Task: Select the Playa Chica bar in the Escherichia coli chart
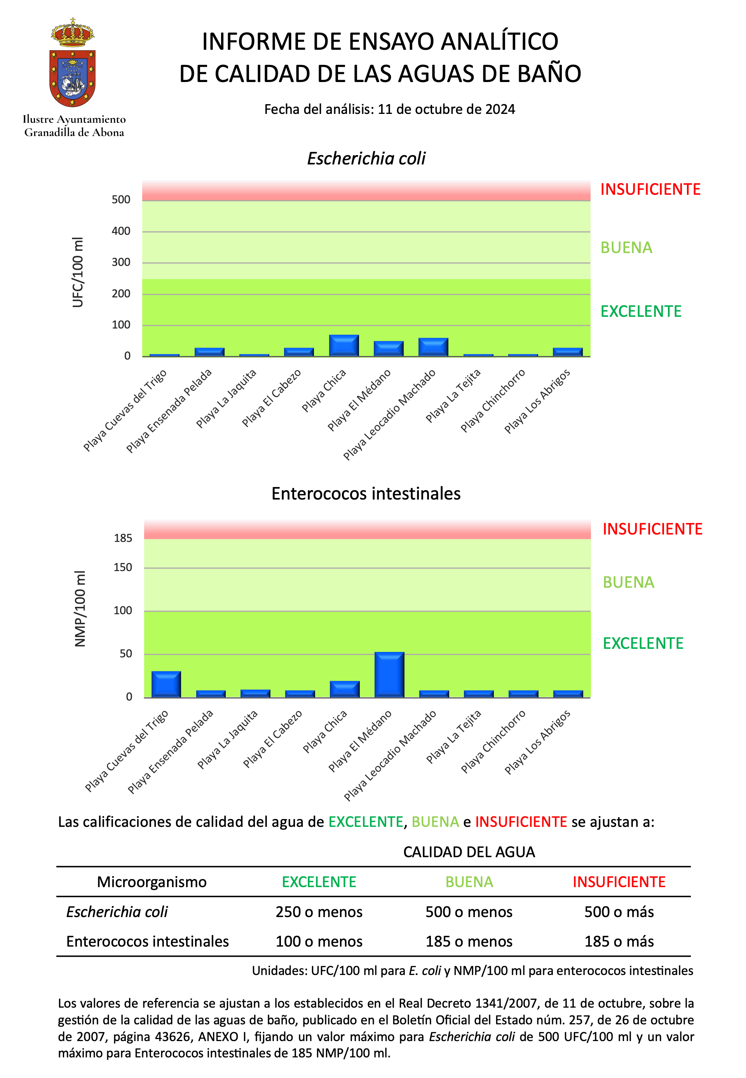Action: click(x=343, y=346)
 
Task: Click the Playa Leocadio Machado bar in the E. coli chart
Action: click(x=433, y=347)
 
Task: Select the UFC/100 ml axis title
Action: click(x=78, y=272)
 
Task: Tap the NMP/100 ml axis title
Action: click(x=80, y=608)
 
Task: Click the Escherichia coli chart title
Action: click(x=366, y=159)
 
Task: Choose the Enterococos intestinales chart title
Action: click(x=366, y=494)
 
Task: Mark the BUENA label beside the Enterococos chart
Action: click(x=628, y=582)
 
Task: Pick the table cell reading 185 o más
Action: click(x=619, y=942)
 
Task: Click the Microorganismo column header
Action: click(x=152, y=882)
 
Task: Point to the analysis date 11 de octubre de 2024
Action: click(x=446, y=110)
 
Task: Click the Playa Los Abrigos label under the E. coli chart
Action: click(x=537, y=401)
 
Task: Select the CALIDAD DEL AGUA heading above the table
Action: click(x=469, y=852)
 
